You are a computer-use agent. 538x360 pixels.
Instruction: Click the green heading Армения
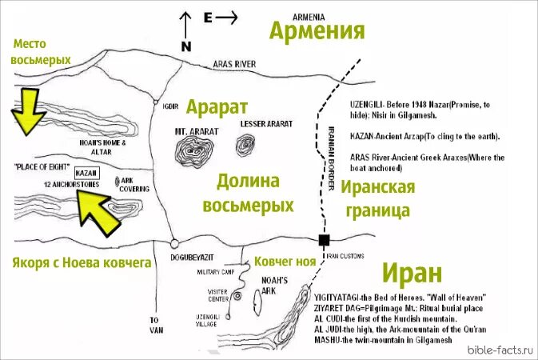317,31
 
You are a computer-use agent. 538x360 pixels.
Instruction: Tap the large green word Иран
412,273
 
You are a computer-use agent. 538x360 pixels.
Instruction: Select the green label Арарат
217,106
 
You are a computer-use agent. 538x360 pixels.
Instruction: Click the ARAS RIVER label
234,62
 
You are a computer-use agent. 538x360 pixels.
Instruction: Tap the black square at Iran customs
324,240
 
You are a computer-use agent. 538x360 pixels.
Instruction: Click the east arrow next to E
228,17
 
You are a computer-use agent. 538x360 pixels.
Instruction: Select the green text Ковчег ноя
291,262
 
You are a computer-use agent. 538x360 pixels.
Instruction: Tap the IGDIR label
169,106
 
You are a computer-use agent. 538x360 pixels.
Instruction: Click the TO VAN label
155,325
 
